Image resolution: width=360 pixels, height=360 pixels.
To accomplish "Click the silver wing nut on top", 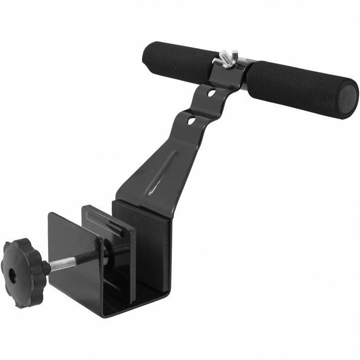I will point(225,58).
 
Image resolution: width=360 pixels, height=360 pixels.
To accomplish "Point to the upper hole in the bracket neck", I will point(212,93).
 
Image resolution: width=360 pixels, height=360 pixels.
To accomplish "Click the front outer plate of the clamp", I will point(74,258).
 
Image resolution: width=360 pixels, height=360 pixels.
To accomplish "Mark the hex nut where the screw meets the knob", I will point(45,268).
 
